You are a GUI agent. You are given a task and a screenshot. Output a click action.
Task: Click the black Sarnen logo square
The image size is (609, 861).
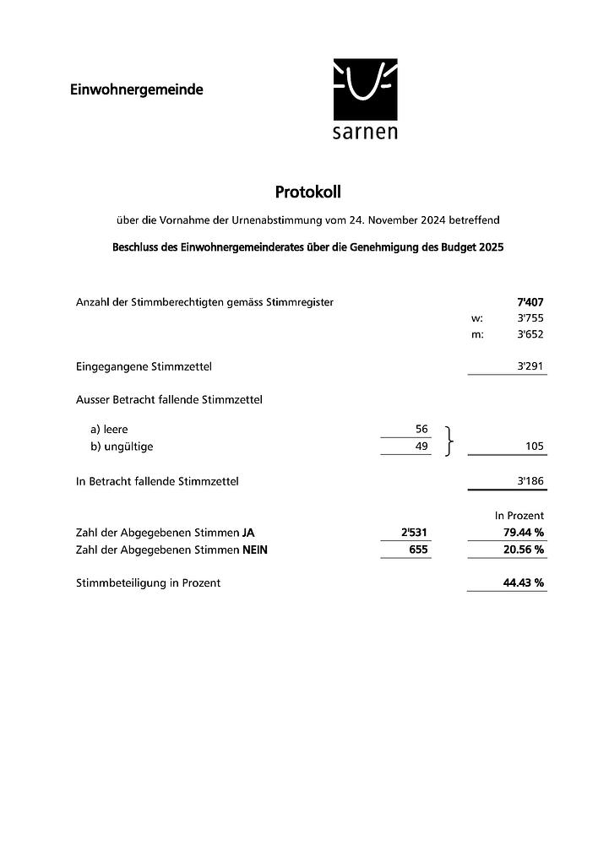[x=365, y=89]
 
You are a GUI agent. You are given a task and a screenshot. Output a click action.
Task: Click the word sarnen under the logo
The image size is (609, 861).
[x=365, y=133]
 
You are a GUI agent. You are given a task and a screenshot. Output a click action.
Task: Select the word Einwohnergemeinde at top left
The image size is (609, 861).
[x=137, y=89]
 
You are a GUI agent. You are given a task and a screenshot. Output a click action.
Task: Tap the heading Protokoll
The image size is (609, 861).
[x=307, y=192]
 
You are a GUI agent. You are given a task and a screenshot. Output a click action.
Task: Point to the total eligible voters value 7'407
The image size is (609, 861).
[x=530, y=301]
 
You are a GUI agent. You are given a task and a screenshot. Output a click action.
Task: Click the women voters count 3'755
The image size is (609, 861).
[x=530, y=318]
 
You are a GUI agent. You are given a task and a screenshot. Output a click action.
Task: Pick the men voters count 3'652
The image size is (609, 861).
[x=530, y=334]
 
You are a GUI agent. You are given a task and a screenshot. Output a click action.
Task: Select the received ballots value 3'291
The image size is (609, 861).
[x=530, y=366]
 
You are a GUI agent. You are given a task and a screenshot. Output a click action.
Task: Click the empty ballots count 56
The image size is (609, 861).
[x=421, y=430]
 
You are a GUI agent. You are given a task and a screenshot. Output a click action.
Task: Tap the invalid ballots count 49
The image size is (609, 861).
[x=421, y=447]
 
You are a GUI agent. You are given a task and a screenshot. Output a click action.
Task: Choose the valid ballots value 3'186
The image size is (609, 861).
[x=530, y=481]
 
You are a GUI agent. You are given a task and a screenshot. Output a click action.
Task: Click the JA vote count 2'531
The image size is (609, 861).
[x=415, y=533]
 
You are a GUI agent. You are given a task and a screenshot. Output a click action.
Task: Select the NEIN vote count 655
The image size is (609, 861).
[x=418, y=550]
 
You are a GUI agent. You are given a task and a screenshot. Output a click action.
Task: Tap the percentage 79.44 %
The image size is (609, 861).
[x=523, y=533]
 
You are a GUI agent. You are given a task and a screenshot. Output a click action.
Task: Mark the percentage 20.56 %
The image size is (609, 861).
[x=523, y=550]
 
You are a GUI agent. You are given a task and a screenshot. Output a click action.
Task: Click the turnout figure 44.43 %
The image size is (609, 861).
[x=523, y=582]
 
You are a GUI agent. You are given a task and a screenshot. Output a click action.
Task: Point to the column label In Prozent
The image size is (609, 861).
[x=519, y=515]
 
